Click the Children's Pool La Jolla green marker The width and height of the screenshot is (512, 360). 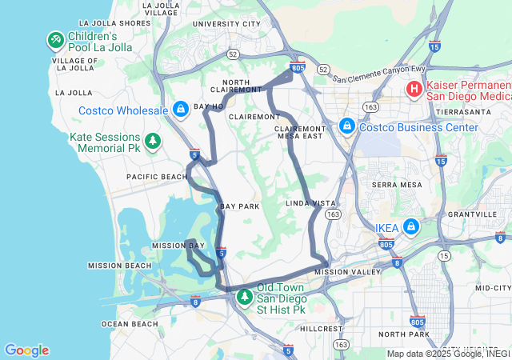pos(55,38)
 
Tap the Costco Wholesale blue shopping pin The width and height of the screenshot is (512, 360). pos(182,109)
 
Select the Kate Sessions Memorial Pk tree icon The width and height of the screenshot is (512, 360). pos(152,142)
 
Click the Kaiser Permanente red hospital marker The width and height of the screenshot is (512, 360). pos(414,88)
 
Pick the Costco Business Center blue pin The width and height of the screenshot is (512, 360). pos(347,126)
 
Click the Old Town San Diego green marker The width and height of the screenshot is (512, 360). pos(244,297)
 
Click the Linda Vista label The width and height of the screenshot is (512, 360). pos(310,204)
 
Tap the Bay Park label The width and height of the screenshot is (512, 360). pos(239,206)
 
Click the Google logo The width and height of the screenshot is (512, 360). pos(26,350)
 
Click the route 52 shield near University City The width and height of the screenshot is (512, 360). pos(232,54)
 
